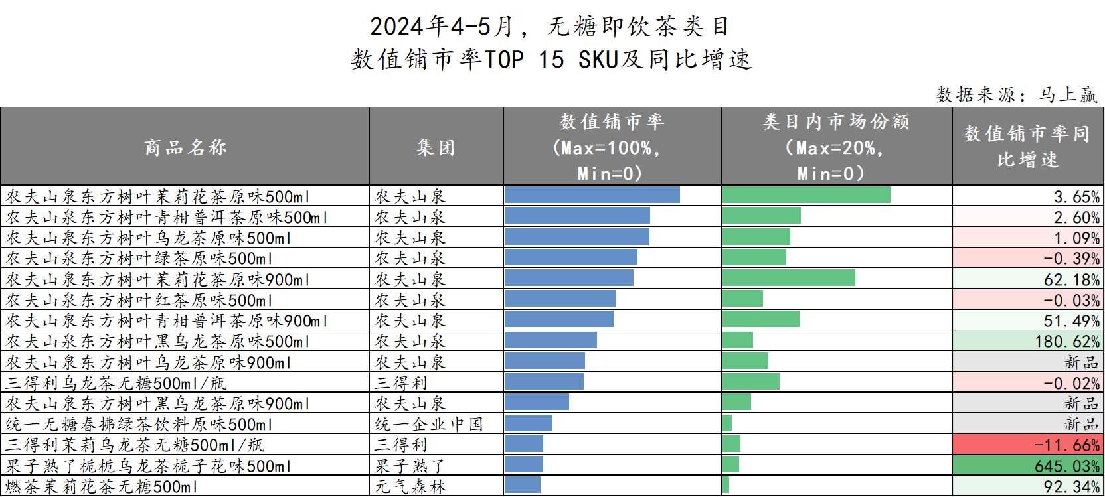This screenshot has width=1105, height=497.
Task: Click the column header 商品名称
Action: [185, 147]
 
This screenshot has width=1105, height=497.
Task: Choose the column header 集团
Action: [436, 147]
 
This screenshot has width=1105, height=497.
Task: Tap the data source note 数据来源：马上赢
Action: [1016, 94]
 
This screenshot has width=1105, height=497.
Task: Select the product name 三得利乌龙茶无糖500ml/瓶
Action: [116, 383]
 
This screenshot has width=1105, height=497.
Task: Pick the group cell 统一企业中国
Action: [428, 424]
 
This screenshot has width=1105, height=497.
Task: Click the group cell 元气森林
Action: [410, 487]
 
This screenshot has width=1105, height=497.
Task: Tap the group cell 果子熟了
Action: [410, 466]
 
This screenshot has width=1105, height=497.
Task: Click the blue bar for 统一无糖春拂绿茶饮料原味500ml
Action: [528, 423]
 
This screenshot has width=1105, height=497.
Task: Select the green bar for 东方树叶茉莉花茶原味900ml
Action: [788, 278]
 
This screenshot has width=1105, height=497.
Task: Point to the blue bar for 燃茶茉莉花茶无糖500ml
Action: [522, 485]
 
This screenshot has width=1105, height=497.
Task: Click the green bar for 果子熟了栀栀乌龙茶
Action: [730, 464]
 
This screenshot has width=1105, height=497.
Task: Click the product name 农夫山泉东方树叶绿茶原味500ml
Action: [139, 258]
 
